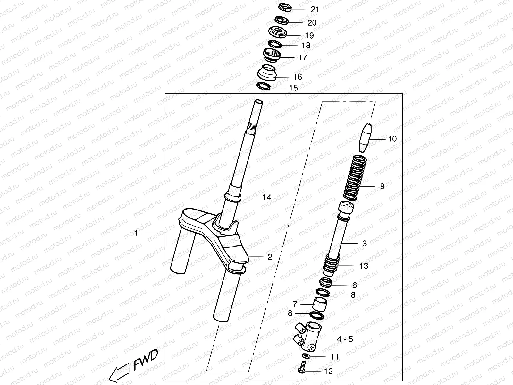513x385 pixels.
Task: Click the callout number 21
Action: click(315, 9)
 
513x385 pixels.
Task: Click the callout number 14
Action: click(267, 197)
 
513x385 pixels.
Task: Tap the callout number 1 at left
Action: click(136, 233)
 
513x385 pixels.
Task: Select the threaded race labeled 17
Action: click(272, 55)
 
